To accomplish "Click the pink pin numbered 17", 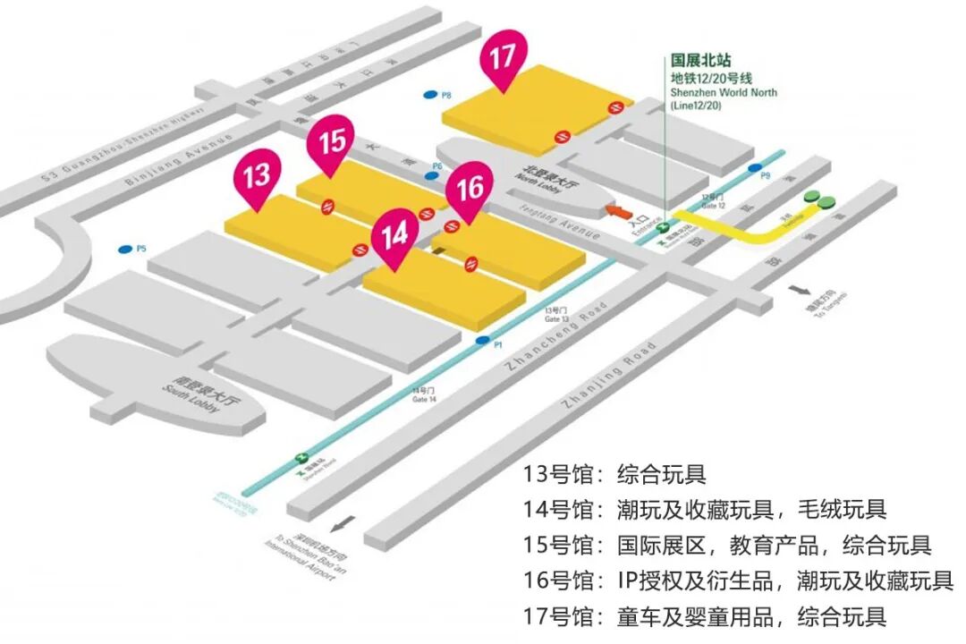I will [x=503, y=58].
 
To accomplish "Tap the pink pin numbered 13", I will [x=257, y=174].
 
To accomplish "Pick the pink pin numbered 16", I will [x=470, y=189].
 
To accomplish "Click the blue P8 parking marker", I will [x=431, y=95].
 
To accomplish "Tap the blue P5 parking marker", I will [x=124, y=249].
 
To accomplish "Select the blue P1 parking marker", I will [x=483, y=341].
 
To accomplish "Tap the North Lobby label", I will [x=547, y=176].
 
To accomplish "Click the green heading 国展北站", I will [x=701, y=61].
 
